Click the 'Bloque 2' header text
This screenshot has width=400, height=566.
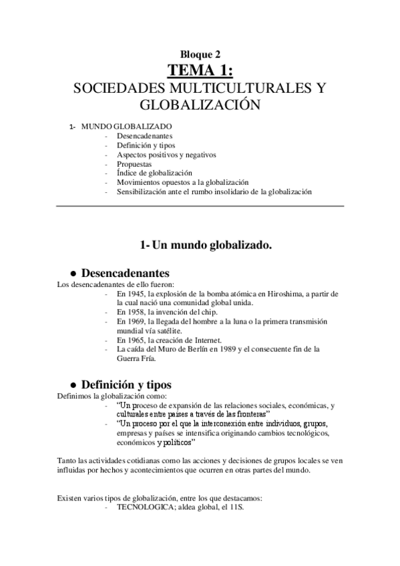pyautogui.click(x=200, y=55)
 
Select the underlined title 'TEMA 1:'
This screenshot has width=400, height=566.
pyautogui.click(x=200, y=71)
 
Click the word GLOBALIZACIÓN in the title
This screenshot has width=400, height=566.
pyautogui.click(x=200, y=105)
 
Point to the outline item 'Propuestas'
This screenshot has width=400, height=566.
pyautogui.click(x=134, y=164)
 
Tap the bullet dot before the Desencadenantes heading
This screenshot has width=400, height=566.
pyautogui.click(x=72, y=274)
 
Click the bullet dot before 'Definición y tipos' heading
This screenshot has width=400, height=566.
pyautogui.click(x=72, y=385)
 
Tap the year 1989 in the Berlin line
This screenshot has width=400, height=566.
pyautogui.click(x=245, y=349)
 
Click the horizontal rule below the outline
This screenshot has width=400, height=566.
pyautogui.click(x=200, y=206)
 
